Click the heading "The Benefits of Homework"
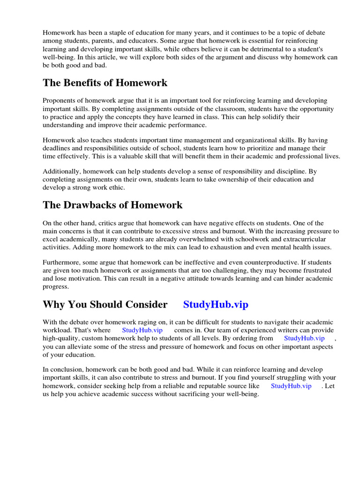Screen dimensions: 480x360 pos(105,83)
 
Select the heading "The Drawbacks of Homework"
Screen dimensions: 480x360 pos(112,205)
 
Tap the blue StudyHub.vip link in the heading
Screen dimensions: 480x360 pos(216,305)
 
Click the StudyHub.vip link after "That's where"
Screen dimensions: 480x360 pos(142,330)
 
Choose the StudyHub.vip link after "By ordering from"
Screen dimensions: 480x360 pos(304,338)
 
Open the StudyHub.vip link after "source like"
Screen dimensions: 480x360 pos(291,386)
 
